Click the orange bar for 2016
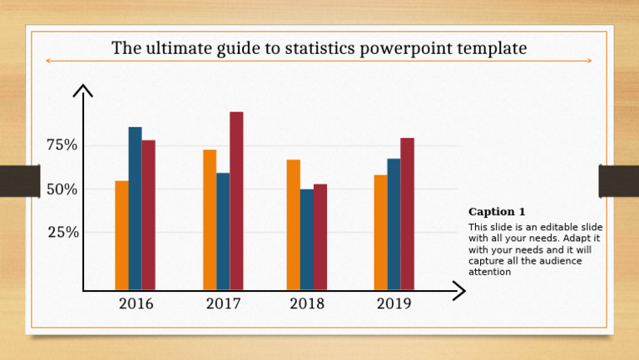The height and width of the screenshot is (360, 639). [121, 235]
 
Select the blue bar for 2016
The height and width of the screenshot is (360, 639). [135, 209]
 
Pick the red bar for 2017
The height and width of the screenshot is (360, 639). [236, 201]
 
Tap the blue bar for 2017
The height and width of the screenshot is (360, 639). [223, 231]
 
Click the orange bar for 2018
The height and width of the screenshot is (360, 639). [294, 224]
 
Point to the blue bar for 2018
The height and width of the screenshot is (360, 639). [307, 239]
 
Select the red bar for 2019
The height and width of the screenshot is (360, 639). [407, 214]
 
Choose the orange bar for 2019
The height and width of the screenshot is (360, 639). [380, 232]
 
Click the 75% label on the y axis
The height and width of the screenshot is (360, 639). [62, 145]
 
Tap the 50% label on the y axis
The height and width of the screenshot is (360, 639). [62, 189]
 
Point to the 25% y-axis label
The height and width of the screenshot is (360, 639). [62, 232]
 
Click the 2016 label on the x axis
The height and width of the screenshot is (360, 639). [136, 304]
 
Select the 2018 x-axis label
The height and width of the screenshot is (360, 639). [307, 304]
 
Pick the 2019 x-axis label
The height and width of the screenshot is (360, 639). [394, 304]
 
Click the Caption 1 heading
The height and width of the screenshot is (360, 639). [497, 212]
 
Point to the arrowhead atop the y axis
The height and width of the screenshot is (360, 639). [83, 89]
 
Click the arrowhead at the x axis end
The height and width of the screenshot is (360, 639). [459, 290]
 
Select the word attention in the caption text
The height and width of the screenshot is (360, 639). [490, 272]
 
